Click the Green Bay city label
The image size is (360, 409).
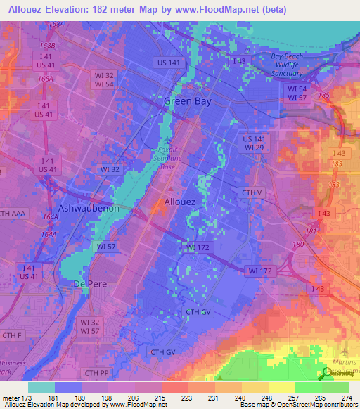(x=187, y=101)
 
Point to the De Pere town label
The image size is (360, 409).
(x=89, y=283)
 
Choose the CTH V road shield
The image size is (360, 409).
(x=252, y=192)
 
